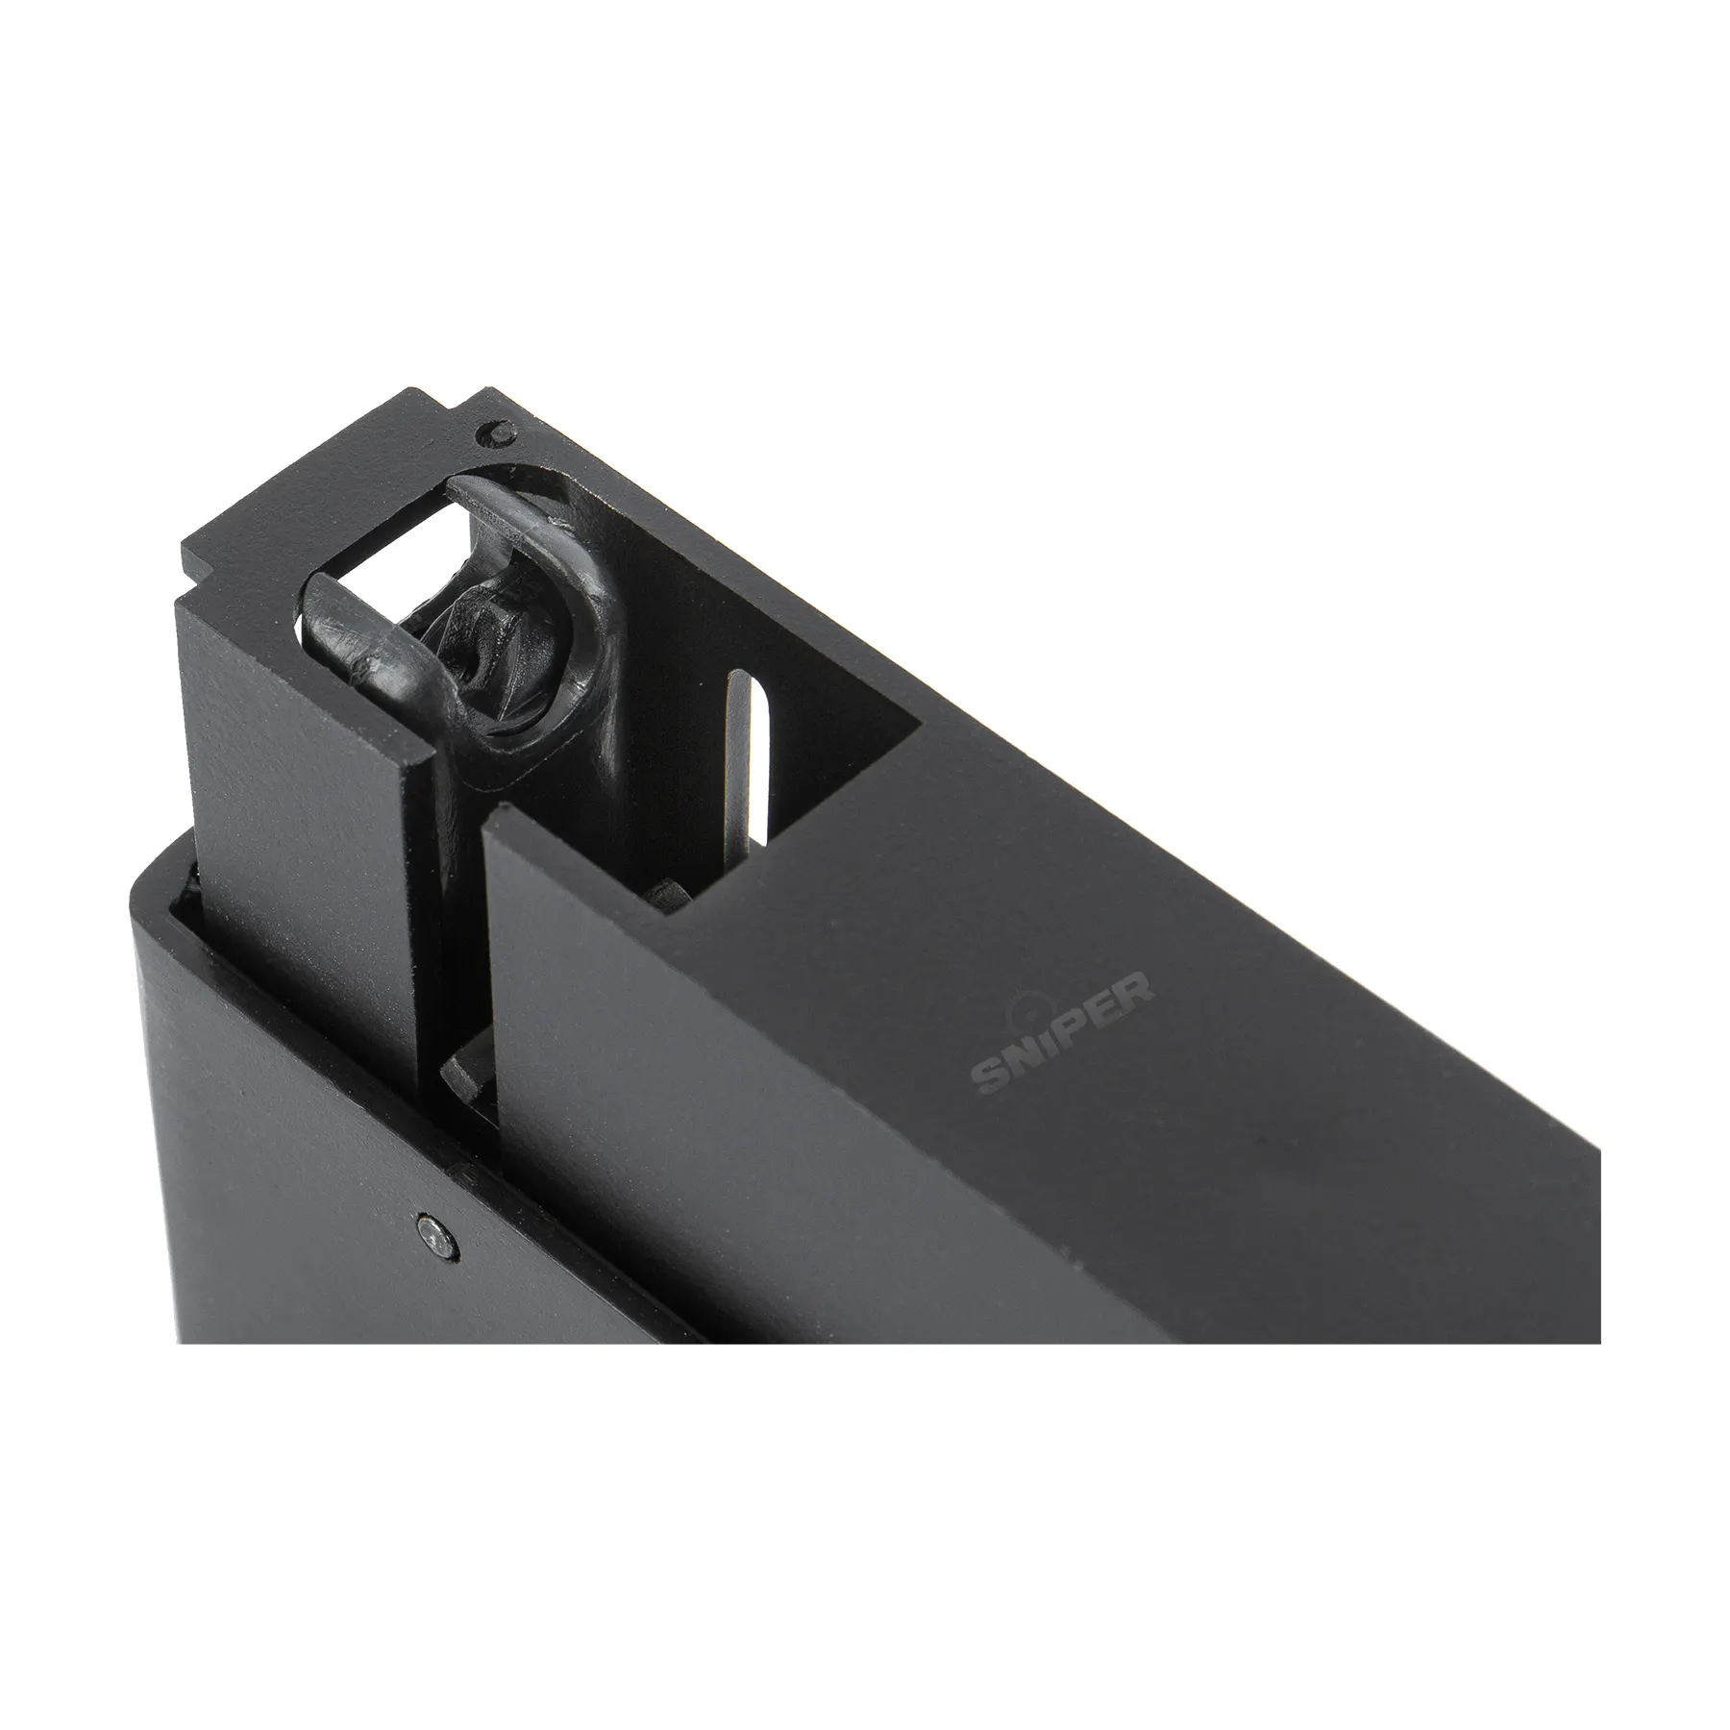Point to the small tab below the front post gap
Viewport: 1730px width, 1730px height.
(x=461, y=1067)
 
